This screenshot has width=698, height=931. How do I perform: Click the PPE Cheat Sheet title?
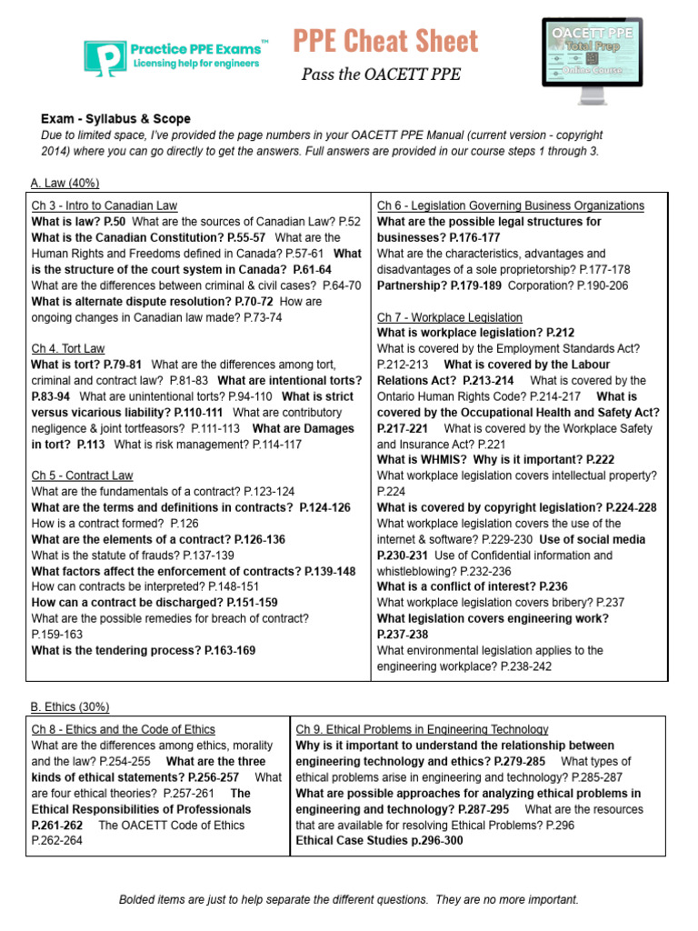click(385, 41)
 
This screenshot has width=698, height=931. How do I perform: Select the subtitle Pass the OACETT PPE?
click(381, 75)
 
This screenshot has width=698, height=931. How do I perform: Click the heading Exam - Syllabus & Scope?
click(115, 119)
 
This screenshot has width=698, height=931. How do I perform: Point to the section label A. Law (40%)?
click(65, 183)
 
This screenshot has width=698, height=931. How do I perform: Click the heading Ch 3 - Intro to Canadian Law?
click(105, 205)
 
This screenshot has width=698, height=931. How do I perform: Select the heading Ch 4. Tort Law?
click(68, 348)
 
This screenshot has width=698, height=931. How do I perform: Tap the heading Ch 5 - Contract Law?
click(82, 476)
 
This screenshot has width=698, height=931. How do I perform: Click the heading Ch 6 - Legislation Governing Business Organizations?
click(510, 205)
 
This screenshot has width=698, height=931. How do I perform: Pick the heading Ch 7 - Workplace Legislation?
click(450, 317)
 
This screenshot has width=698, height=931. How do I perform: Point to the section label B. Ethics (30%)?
click(70, 706)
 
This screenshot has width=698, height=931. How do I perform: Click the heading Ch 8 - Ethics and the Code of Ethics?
click(124, 729)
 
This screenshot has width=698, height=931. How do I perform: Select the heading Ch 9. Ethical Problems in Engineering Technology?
click(422, 729)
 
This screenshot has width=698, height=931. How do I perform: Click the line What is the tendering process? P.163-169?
click(144, 650)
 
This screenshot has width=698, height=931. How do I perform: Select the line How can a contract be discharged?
click(155, 603)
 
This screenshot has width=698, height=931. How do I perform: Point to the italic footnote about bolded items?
click(348, 900)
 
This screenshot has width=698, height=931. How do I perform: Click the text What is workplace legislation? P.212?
click(475, 333)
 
